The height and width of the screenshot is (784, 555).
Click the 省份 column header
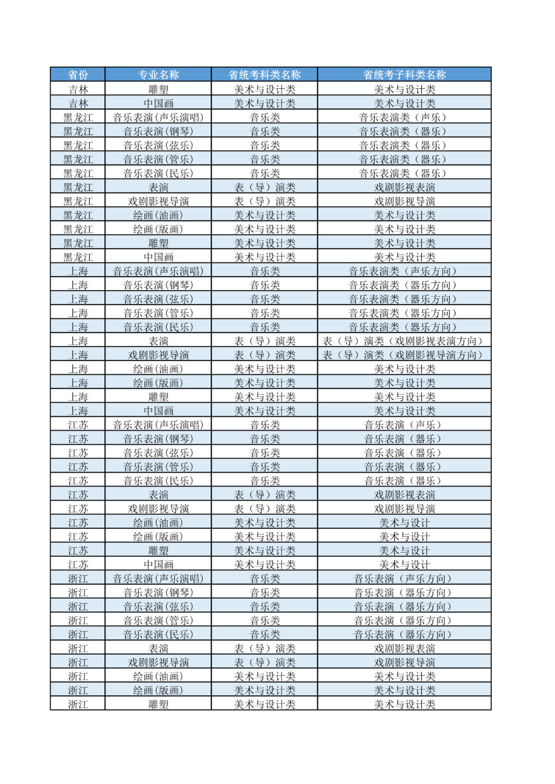pyautogui.click(x=78, y=75)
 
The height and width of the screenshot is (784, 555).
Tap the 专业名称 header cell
pyautogui.click(x=158, y=75)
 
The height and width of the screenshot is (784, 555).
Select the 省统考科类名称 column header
pyautogui.click(x=265, y=75)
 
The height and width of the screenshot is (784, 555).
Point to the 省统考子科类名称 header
pyautogui.click(x=404, y=75)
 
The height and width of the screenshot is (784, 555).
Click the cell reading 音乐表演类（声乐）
pyautogui.click(x=404, y=118)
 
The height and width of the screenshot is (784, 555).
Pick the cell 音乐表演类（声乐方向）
pyautogui.click(x=404, y=271)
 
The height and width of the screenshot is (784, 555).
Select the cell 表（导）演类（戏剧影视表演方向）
pyautogui.click(x=404, y=341)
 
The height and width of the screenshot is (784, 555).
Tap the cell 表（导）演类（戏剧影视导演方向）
pyautogui.click(x=404, y=355)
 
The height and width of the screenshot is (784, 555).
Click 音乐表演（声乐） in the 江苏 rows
pyautogui.click(x=404, y=425)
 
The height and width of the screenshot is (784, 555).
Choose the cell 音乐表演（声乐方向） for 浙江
pyautogui.click(x=404, y=579)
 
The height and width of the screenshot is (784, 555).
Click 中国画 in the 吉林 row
pyautogui.click(x=158, y=103)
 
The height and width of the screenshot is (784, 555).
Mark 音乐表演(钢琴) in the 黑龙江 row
pyautogui.click(x=158, y=131)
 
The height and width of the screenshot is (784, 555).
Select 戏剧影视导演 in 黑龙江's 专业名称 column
pyautogui.click(x=158, y=201)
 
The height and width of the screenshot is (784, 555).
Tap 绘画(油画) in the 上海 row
pyautogui.click(x=158, y=369)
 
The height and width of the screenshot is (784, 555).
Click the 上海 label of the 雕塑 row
pyautogui.click(x=78, y=397)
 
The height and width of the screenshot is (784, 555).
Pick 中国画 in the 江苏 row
pyautogui.click(x=158, y=564)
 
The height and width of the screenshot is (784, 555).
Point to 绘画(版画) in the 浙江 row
pyautogui.click(x=158, y=691)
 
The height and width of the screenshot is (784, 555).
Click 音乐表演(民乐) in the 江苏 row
pyautogui.click(x=158, y=481)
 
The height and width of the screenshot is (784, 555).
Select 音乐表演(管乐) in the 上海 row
pyautogui.click(x=158, y=313)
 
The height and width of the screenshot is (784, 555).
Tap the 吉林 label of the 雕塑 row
pyautogui.click(x=78, y=89)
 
